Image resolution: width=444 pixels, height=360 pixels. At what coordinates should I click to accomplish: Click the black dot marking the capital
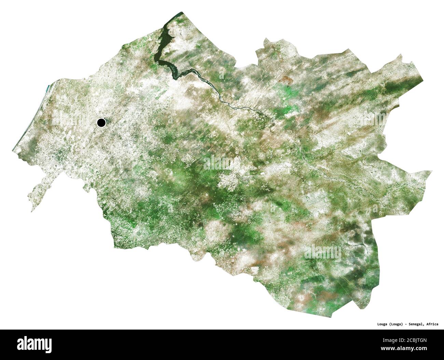101,122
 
